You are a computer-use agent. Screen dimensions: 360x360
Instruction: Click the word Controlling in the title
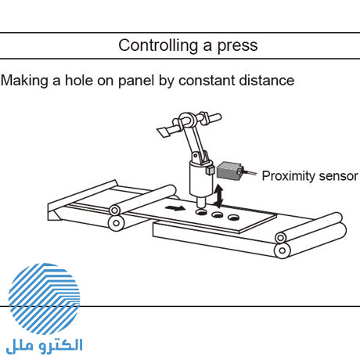(158, 45)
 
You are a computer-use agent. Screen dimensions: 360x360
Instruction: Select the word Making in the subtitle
(25, 81)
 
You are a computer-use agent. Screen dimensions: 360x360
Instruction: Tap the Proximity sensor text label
(310, 176)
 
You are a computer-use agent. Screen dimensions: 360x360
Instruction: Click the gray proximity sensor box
(229, 171)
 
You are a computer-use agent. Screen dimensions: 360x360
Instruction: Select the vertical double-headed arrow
(218, 196)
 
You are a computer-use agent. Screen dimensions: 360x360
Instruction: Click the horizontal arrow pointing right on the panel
(175, 208)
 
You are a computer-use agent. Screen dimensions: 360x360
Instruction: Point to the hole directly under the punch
(201, 212)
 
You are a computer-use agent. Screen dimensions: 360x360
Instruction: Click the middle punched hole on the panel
(218, 215)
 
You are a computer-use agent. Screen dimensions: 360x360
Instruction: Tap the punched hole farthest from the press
(233, 218)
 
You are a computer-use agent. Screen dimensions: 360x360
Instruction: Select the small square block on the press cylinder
(210, 170)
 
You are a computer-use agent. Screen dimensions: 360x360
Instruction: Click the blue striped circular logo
(44, 299)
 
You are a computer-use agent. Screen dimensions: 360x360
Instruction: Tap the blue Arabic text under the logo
(45, 346)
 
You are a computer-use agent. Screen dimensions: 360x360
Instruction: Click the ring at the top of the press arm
(187, 120)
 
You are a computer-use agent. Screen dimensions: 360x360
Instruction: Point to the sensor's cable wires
(250, 172)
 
